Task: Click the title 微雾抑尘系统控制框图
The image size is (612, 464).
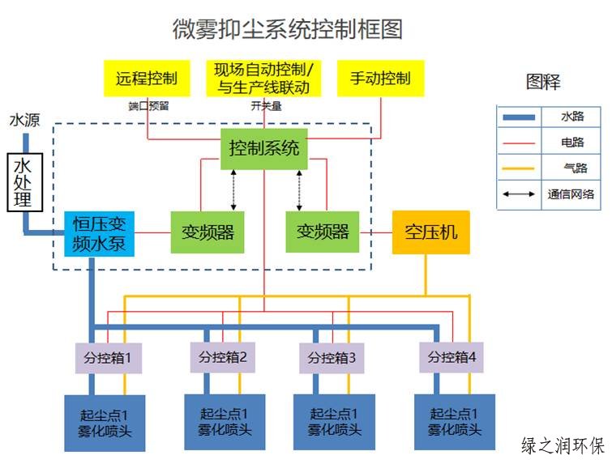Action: click(288, 30)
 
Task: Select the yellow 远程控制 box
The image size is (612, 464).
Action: click(147, 79)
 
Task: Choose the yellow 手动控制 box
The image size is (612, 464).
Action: click(380, 79)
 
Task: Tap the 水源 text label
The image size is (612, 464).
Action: click(24, 121)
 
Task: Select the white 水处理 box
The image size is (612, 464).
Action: click(24, 183)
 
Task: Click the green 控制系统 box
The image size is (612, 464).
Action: click(264, 149)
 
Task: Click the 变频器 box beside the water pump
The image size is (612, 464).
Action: click(208, 232)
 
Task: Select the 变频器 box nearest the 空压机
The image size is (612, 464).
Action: click(323, 232)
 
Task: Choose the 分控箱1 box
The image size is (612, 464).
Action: click(109, 357)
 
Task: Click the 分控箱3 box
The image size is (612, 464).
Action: click(332, 357)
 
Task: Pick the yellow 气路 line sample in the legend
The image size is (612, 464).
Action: click(519, 168)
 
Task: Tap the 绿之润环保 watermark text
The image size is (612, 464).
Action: click(563, 445)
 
